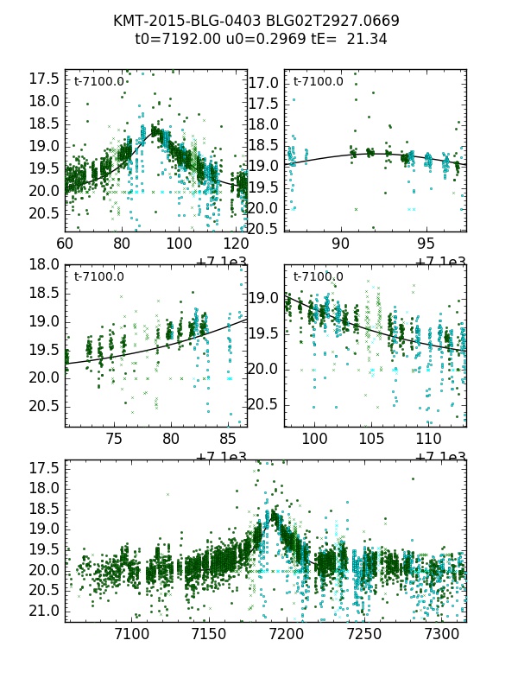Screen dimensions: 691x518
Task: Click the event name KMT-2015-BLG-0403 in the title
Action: (x=183, y=21)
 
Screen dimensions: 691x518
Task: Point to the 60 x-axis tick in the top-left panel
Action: (x=65, y=244)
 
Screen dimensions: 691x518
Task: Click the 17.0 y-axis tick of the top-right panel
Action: (x=264, y=84)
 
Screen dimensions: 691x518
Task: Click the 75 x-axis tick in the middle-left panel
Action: (x=114, y=440)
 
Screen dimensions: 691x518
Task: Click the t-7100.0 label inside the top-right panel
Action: (x=318, y=82)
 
